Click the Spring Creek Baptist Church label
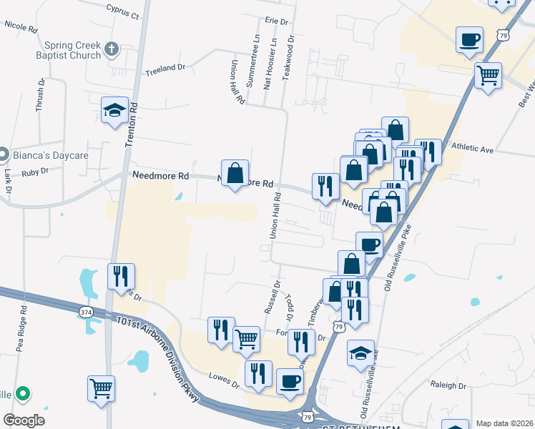[60, 49]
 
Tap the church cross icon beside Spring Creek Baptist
[110, 49]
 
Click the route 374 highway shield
[87, 312]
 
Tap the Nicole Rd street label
[20, 26]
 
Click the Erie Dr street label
[275, 21]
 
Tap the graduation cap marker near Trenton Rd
[114, 111]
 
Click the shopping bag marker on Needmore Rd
[235, 173]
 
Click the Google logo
[24, 420]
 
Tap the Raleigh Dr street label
[448, 385]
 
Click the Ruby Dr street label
[34, 172]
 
